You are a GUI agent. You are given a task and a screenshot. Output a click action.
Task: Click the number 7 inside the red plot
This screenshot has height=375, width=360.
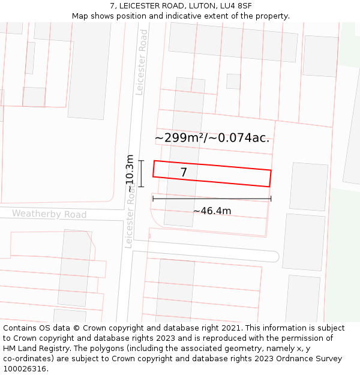coord(184,173)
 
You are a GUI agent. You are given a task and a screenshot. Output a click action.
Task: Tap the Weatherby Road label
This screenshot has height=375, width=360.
coord(49,214)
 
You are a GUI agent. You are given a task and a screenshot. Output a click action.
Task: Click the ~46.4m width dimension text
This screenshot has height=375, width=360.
coord(212,211)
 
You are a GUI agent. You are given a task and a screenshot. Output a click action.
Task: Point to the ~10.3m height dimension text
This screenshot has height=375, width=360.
coord(130,173)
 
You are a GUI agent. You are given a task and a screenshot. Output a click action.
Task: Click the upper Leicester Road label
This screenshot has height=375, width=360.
coord(142,62)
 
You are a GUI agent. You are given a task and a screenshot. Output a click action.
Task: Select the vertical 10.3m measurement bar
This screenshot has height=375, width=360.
coord(141,173)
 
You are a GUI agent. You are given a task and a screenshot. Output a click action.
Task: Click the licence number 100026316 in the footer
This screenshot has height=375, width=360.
coord(25,369)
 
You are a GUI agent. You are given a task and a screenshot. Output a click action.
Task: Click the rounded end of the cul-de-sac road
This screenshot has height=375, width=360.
coord(274,257)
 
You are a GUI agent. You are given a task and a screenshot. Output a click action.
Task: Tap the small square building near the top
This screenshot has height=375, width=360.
coord(233,82)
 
